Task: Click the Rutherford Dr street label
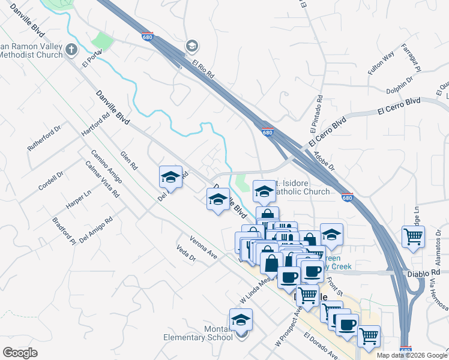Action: pos(45,139)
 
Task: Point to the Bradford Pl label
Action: pos(64,232)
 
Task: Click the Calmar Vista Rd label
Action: pos(101,179)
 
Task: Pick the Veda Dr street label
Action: pos(186,254)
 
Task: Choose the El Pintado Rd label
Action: pos(316,114)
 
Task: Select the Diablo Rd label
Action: pos(427,273)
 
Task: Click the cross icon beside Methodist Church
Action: pos(71,49)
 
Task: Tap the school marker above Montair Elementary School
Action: pos(241,320)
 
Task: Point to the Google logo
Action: pos(20,353)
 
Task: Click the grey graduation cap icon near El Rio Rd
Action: pos(191,46)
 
